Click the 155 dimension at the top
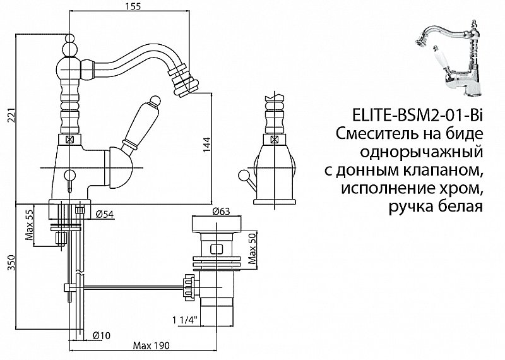point(132,8)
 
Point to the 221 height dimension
point(8,117)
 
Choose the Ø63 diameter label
point(221,212)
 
